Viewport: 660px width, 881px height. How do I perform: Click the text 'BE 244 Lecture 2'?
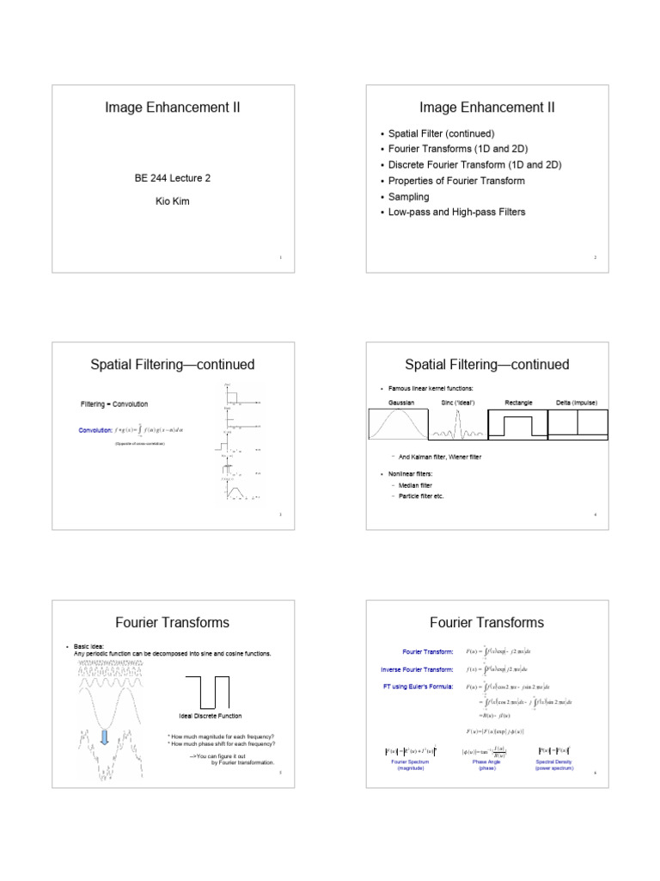pos(172,178)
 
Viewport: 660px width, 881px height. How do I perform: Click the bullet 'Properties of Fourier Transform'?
pos(456,181)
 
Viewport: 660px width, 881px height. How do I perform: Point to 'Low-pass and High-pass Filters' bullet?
pos(456,212)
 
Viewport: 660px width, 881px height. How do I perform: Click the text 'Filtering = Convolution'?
pos(114,404)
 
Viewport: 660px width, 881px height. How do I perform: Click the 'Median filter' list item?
pos(418,485)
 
